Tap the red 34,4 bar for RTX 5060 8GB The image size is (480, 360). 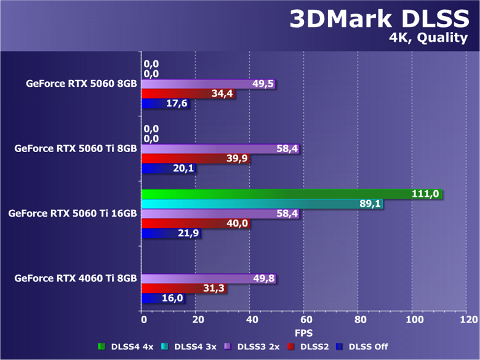[188, 94]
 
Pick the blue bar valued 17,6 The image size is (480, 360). [165, 104]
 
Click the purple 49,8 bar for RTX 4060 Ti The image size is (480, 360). [209, 279]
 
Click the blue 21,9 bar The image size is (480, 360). [171, 234]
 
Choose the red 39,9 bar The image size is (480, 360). [196, 159]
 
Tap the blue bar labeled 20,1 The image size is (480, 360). [169, 169]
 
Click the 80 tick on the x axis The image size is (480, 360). [359, 320]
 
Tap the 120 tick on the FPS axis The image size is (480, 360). [468, 320]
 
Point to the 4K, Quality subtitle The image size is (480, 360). [428, 38]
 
